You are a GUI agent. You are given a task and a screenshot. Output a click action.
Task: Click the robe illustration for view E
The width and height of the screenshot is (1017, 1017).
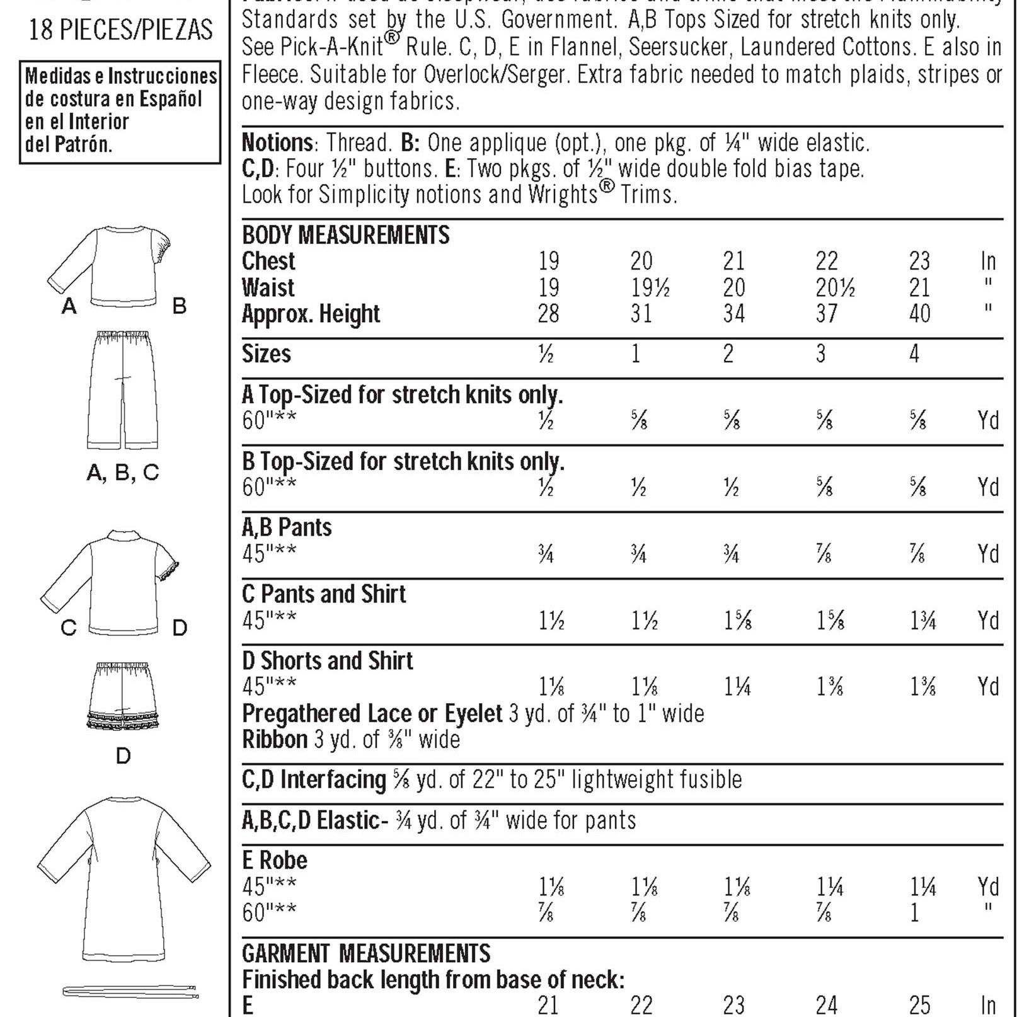click(124, 876)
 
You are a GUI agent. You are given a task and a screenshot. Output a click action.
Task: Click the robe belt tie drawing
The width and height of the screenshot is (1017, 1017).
click(130, 992)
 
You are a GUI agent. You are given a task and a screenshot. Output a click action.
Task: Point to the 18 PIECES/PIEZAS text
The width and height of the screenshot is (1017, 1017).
click(121, 30)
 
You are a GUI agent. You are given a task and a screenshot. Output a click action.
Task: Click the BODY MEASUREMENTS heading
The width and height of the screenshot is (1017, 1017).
click(345, 235)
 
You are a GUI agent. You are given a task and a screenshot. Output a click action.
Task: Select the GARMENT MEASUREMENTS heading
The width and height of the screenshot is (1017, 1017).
click(366, 953)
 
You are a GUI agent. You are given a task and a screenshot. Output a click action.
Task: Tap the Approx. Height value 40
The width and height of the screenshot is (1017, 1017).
click(919, 314)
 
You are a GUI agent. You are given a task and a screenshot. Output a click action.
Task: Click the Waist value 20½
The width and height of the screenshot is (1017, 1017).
click(835, 288)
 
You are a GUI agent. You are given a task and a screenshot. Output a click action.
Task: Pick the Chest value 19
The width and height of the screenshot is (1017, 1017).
click(548, 261)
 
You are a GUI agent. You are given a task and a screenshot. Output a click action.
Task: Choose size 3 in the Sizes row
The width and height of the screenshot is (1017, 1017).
click(820, 353)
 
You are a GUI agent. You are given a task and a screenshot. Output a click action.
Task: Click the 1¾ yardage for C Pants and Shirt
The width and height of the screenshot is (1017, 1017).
click(922, 621)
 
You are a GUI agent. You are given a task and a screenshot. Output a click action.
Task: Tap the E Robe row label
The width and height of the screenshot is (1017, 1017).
click(275, 860)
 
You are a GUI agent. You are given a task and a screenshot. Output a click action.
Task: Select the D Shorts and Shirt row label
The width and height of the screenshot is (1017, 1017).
click(328, 660)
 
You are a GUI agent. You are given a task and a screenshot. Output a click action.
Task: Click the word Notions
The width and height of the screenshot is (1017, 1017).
click(277, 143)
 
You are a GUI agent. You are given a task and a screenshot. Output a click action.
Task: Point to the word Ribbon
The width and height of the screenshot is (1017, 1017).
click(275, 739)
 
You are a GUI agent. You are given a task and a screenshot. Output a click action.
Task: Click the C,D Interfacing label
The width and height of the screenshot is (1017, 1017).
click(314, 779)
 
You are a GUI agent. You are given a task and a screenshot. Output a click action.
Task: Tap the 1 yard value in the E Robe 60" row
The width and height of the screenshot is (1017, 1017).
click(914, 912)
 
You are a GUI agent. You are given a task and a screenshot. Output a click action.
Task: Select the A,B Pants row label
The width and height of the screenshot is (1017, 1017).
click(287, 527)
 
